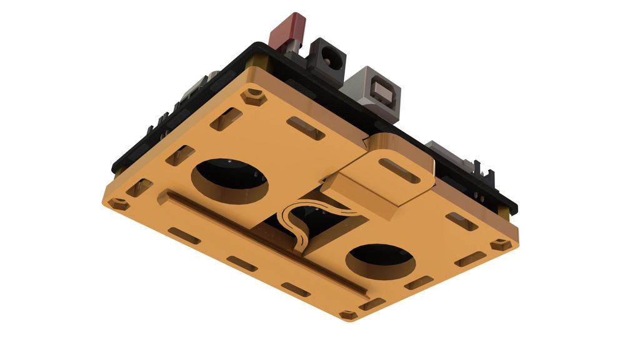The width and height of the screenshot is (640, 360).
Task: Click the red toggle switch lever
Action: [x=288, y=29]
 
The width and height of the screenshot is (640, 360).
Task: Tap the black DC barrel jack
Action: [x=327, y=59]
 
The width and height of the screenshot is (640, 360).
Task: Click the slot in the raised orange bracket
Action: [x=400, y=169]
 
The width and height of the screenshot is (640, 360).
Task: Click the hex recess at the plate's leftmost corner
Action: [x=117, y=204]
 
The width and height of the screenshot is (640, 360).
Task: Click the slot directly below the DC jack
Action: [x=306, y=127]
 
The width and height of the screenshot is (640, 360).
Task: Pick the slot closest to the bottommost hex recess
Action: [x=372, y=304]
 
